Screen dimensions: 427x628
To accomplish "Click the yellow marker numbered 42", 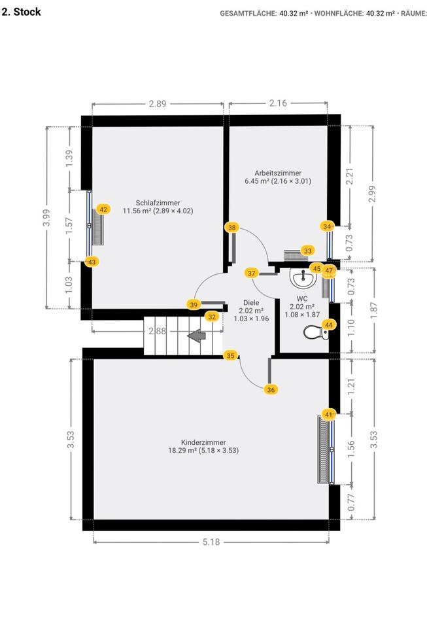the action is [x=103, y=209].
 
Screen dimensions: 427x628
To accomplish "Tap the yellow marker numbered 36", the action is [x=271, y=389].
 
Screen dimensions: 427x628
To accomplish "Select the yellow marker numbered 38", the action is [x=232, y=228].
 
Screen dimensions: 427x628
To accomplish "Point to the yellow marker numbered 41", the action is [x=329, y=414].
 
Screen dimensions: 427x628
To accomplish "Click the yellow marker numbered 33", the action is [x=308, y=250].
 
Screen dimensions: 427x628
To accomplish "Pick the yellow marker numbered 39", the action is [x=194, y=304].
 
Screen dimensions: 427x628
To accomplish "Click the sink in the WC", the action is [x=303, y=280].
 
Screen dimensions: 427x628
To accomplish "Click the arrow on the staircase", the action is [x=196, y=336].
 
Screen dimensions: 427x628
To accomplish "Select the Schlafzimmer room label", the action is [x=158, y=202].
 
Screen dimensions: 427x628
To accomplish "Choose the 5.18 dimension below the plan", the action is [x=211, y=542].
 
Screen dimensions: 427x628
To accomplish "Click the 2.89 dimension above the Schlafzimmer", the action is [x=158, y=103].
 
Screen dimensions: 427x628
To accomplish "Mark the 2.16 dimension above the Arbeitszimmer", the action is [x=278, y=103].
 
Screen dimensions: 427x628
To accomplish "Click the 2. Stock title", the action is [x=22, y=12].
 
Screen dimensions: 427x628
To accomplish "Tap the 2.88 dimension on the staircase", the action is [x=157, y=332].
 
